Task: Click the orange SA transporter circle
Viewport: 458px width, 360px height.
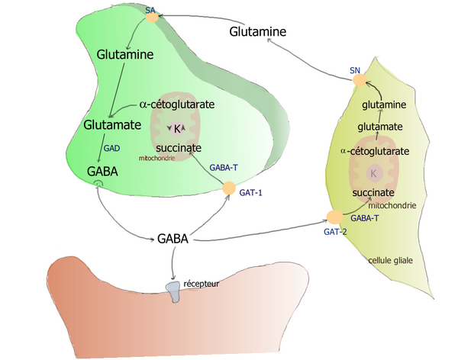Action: click(152, 17)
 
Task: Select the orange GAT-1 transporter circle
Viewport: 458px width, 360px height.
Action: click(227, 188)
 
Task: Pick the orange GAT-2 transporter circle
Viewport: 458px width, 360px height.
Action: click(334, 217)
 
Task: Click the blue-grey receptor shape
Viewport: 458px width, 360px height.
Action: click(173, 290)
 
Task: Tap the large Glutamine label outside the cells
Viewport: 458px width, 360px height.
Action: click(258, 32)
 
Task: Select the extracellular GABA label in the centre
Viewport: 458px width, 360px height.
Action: click(173, 239)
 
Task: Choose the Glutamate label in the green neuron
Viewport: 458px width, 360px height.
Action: click(111, 124)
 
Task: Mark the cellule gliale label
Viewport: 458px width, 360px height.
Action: click(390, 260)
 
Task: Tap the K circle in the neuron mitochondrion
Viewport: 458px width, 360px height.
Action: click(176, 128)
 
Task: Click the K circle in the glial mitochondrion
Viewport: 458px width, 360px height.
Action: click(374, 174)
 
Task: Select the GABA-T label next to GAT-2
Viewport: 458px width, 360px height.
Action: click(365, 218)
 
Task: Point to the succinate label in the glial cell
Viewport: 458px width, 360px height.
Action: click(373, 193)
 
